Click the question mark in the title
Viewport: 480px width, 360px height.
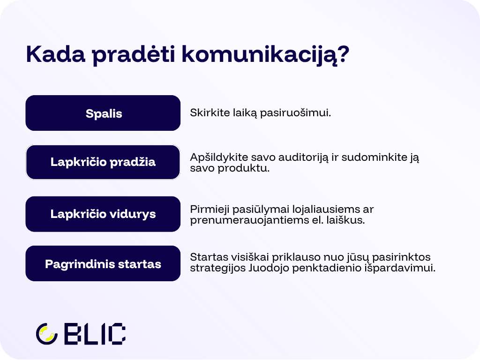pos(342,55)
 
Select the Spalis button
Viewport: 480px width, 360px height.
pos(103,113)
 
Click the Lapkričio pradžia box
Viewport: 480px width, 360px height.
pos(103,162)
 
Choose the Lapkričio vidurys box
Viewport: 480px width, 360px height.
pos(103,214)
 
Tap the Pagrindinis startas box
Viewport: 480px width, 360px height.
pos(103,264)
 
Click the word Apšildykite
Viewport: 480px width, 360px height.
pos(217,158)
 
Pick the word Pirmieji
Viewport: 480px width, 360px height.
pos(208,209)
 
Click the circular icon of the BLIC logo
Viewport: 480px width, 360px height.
pos(47,334)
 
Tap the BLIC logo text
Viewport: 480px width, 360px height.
pos(95,334)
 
